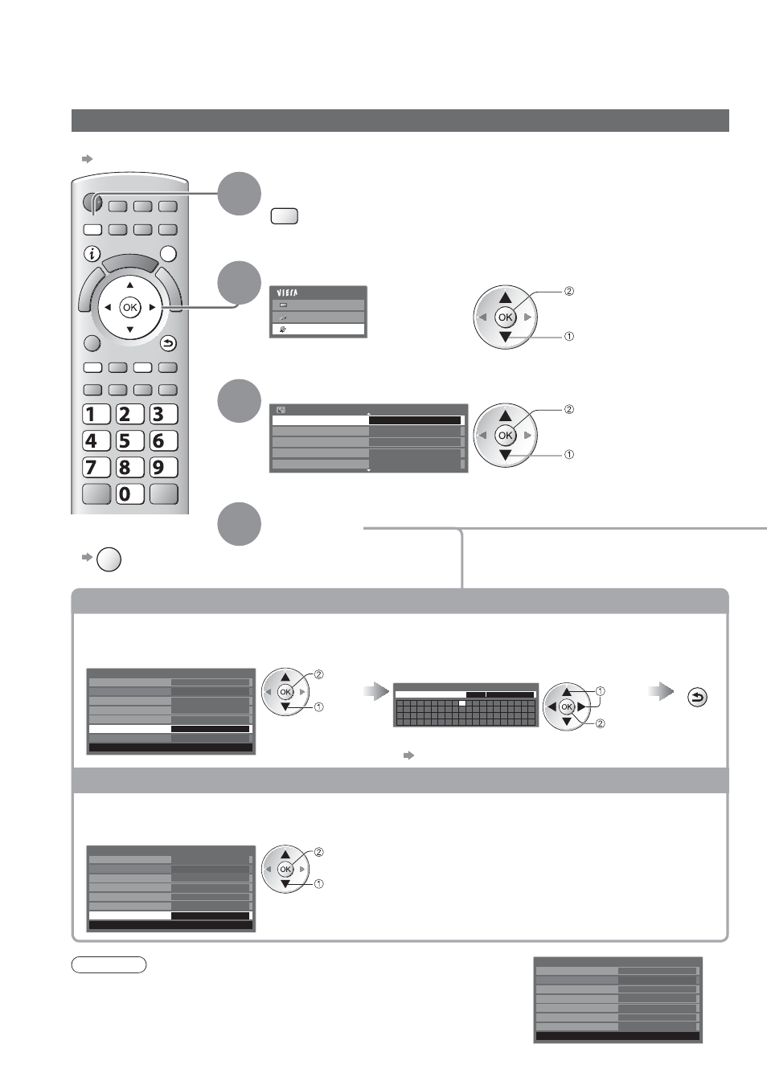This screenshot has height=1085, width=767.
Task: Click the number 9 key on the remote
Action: pyautogui.click(x=164, y=468)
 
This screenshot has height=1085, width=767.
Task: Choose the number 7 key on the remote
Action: pyautogui.click(x=96, y=468)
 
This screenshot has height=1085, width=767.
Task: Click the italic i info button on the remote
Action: pyautogui.click(x=92, y=253)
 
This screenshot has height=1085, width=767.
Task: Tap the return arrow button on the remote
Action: pyautogui.click(x=168, y=344)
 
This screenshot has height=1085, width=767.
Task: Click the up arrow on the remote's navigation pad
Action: pyautogui.click(x=130, y=285)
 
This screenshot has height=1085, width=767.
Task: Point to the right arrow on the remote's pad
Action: pyautogui.click(x=152, y=307)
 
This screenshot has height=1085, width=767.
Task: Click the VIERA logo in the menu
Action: pyautogui.click(x=287, y=293)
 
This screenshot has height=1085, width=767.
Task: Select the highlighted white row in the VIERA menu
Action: pyautogui.click(x=318, y=330)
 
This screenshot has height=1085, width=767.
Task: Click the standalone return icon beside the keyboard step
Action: pyautogui.click(x=697, y=698)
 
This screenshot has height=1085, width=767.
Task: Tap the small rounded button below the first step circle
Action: pyautogui.click(x=285, y=216)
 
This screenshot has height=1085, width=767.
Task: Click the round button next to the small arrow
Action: pyautogui.click(x=109, y=559)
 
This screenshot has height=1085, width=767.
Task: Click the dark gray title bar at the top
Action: pyautogui.click(x=400, y=121)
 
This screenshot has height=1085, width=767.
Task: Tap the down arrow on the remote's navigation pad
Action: pyautogui.click(x=130, y=330)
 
